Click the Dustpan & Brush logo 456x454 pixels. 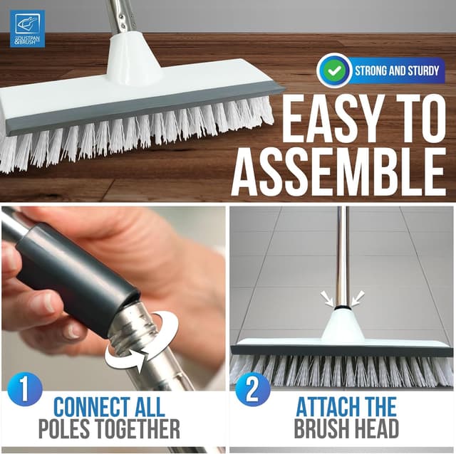click(x=27, y=28)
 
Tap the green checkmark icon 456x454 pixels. click(x=334, y=70)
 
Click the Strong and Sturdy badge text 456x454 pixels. click(x=398, y=70)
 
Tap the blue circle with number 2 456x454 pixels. click(x=253, y=393)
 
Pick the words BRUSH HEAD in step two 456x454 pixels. click(x=346, y=429)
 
